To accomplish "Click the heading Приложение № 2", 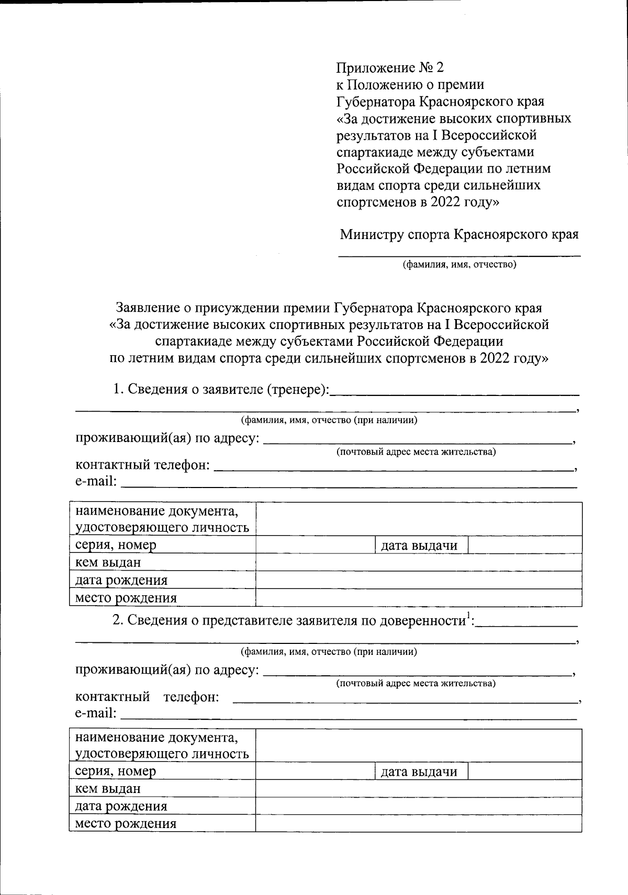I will (x=390, y=67).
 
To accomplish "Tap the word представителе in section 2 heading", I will (x=249, y=621).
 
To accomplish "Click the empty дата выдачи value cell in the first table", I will (x=525, y=545).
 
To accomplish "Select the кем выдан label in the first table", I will (x=108, y=563).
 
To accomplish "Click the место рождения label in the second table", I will (x=126, y=824).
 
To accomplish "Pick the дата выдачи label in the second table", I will (x=419, y=772).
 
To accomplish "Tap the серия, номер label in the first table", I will (x=116, y=545).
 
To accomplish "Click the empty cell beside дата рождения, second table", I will (x=419, y=806).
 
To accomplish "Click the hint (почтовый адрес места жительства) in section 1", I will (x=416, y=452).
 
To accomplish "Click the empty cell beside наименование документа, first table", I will (x=419, y=519).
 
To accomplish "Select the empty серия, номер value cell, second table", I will (x=316, y=772).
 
